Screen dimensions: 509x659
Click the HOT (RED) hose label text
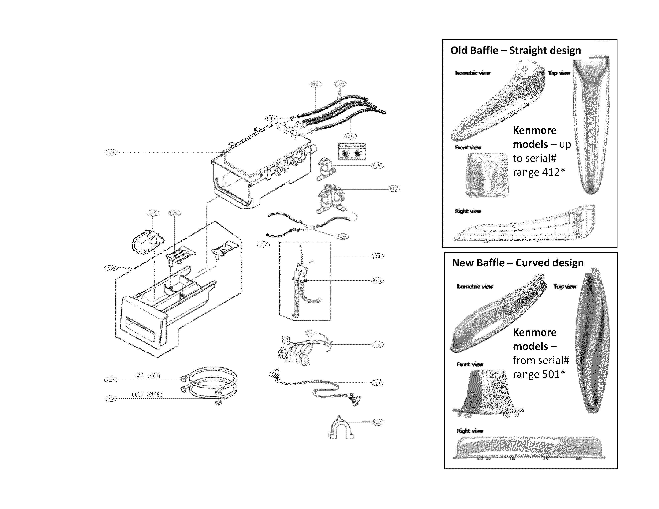point(148,376)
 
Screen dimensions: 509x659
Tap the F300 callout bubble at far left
point(110,153)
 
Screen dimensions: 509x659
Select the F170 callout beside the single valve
point(377,166)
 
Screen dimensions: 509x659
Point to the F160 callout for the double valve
point(394,189)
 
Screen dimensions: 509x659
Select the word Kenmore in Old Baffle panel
point(534,130)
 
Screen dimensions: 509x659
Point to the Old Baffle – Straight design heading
point(515,50)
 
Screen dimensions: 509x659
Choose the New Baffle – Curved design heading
point(517,263)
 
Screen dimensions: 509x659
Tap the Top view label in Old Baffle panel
point(559,73)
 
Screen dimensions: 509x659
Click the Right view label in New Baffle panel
point(470,431)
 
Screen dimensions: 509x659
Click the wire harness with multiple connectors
point(302,348)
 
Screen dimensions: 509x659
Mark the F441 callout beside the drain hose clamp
point(377,281)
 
